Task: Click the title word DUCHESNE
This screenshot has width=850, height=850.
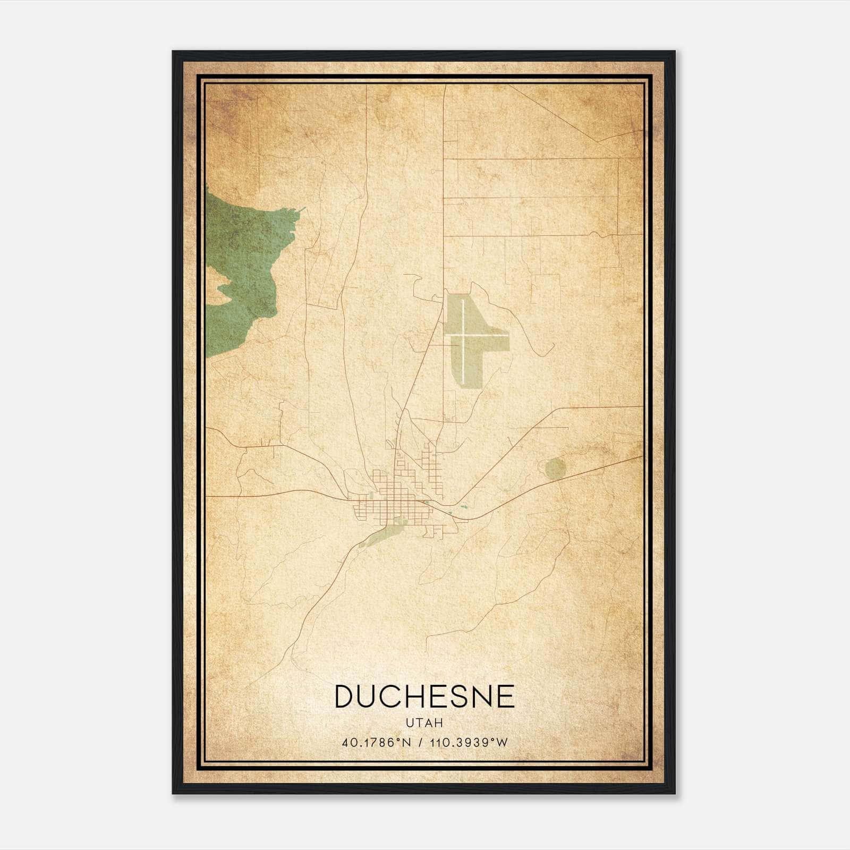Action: [x=424, y=696]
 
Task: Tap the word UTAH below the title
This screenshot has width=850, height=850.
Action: [x=424, y=723]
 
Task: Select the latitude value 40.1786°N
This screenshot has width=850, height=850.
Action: [x=377, y=742]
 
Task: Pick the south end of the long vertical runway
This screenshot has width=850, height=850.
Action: [x=466, y=384]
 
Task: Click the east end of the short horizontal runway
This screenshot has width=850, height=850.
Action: [x=506, y=336]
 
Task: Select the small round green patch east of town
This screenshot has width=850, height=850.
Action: [x=556, y=468]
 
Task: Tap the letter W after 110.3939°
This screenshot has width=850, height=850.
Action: [x=502, y=742]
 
